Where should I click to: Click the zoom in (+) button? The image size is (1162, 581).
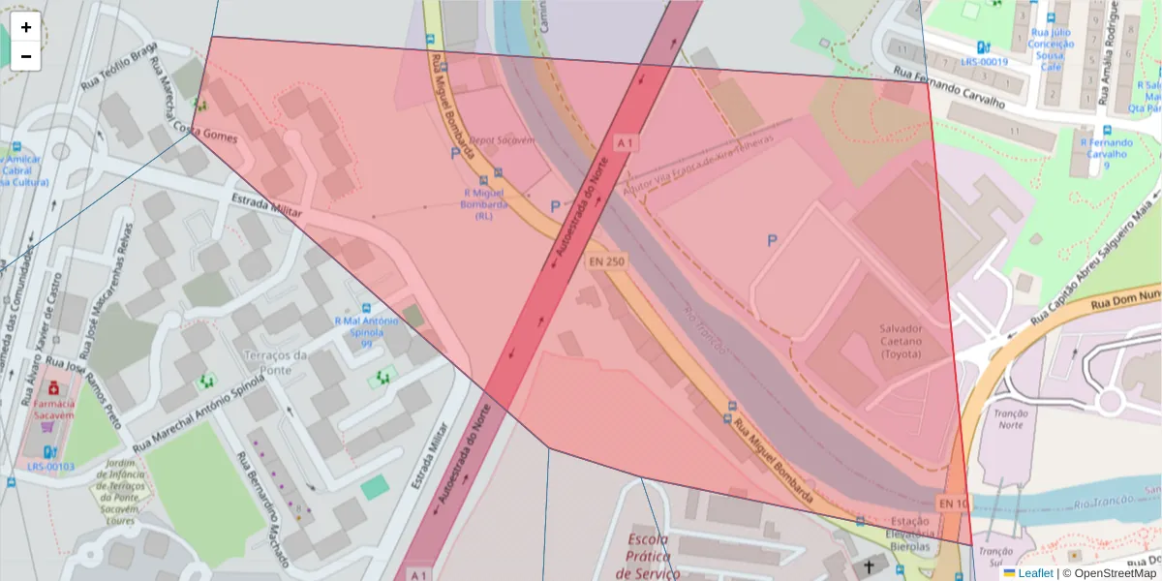[x=26, y=27]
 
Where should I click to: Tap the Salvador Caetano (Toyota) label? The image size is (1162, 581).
[x=901, y=341]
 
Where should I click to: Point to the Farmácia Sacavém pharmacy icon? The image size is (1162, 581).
[x=52, y=389]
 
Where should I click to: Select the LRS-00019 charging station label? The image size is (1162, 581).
[x=984, y=61]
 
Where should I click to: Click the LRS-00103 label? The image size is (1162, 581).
[x=50, y=467]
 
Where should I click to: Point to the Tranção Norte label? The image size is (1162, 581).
[x=1010, y=418]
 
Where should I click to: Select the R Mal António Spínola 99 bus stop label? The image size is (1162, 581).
[x=366, y=332]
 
